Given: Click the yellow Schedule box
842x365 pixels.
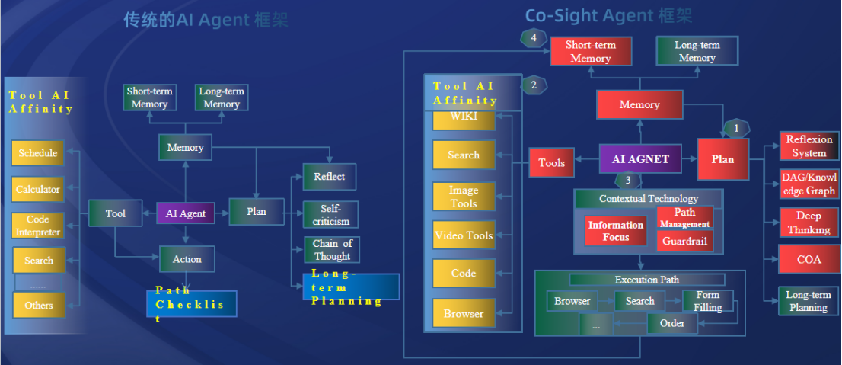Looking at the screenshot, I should [x=38, y=153].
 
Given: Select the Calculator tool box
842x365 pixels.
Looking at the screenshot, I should [x=38, y=189].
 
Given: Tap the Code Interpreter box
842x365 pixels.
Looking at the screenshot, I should [x=38, y=226].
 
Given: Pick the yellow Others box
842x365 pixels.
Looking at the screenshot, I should [x=38, y=305].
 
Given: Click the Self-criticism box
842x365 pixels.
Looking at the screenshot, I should [x=330, y=215].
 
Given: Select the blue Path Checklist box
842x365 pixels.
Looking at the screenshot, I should [x=192, y=304].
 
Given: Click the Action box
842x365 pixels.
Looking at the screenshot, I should [x=187, y=259].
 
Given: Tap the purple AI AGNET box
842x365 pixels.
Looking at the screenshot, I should [x=640, y=159].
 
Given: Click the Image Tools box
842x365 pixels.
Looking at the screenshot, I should [x=464, y=197].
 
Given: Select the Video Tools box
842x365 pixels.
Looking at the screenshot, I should [x=464, y=235].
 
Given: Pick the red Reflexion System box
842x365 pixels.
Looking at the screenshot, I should [x=809, y=146].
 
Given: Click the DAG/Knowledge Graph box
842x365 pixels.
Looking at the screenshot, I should [x=809, y=184].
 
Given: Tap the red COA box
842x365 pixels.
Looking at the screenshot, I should [x=809, y=259].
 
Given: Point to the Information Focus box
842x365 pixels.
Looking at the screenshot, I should [x=616, y=231].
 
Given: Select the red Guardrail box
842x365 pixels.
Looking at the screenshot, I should [x=684, y=242].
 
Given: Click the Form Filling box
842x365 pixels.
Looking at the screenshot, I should [x=707, y=302].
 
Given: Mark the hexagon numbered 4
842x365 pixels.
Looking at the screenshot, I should [x=534, y=37].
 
